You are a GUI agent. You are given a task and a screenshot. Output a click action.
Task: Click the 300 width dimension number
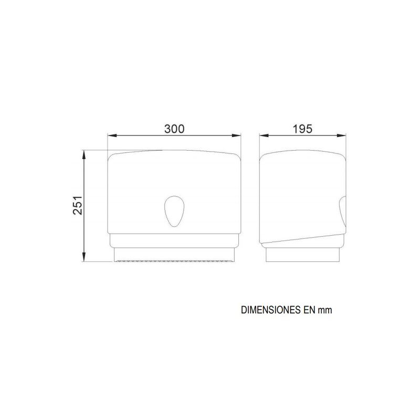[174, 129]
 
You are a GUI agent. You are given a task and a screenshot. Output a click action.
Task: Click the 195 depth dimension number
[302, 129]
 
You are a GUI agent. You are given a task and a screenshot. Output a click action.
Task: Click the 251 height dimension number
[78, 205]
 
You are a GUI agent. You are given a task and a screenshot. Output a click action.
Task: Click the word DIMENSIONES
[271, 310]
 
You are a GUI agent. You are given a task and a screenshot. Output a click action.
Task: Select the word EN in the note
[310, 310]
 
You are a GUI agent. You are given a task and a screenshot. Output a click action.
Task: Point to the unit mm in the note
[325, 311]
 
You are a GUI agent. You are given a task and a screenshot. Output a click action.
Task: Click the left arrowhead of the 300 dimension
[112, 135]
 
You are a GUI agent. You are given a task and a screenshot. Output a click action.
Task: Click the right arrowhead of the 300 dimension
[237, 135]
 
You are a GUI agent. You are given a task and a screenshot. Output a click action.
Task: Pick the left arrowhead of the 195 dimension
[264, 135]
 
